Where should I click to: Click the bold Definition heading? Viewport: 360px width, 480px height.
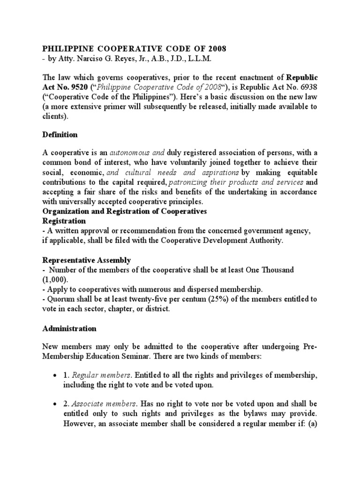pos(60,135)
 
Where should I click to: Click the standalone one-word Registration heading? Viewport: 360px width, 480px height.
pos(64,221)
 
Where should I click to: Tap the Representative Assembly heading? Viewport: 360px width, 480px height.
pos(87,260)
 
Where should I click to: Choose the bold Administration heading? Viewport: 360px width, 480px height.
pos(69,329)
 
